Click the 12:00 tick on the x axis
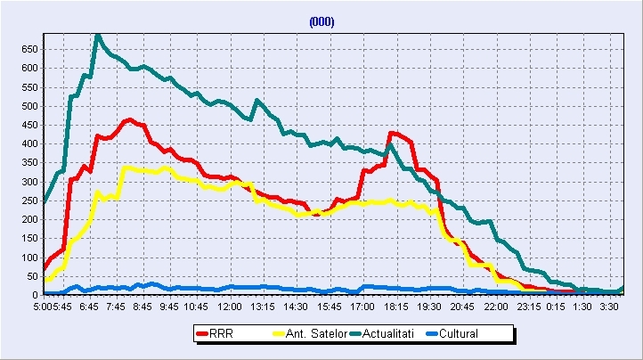pos(230,306)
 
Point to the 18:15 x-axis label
pos(396,306)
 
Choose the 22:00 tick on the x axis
pos(496,306)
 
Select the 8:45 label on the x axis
pos(143,306)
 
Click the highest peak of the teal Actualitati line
pos(97,36)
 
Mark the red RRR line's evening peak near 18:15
pos(392,133)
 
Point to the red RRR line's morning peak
pos(130,119)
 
